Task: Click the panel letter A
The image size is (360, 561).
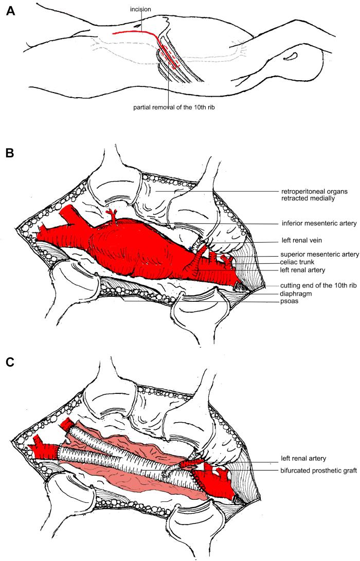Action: [x=10, y=12]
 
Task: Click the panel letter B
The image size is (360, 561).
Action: [x=10, y=155]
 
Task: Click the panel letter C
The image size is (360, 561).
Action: [x=10, y=361]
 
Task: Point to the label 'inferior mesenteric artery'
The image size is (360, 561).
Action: [x=314, y=223]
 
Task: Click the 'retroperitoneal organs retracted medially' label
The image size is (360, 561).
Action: [x=315, y=194]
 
